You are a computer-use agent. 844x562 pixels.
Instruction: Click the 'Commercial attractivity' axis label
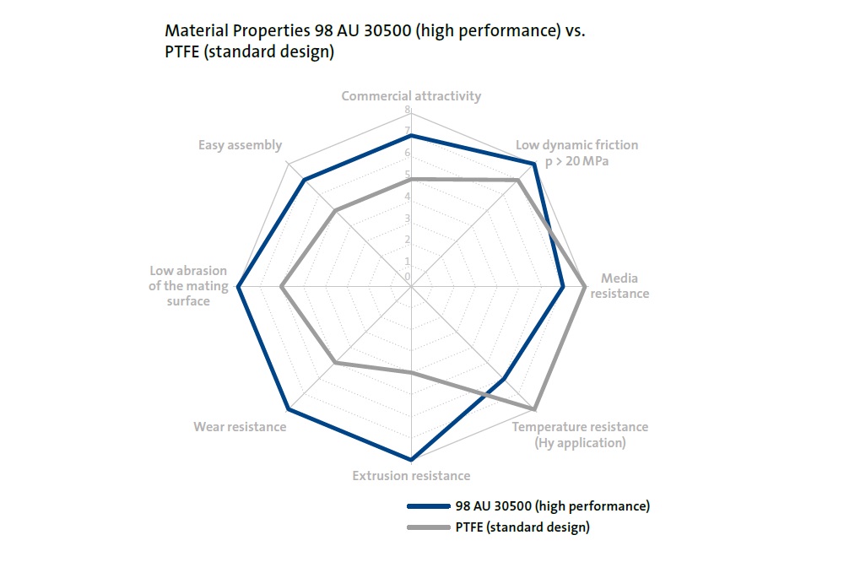coord(411,95)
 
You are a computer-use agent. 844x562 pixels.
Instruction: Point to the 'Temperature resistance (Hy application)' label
coord(581,435)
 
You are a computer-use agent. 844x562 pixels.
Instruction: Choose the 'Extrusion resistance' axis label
coord(411,476)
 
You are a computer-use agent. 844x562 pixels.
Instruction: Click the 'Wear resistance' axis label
coord(240,427)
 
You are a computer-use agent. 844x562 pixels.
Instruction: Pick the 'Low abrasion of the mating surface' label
coord(188,286)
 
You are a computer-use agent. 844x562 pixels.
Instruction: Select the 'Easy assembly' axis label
coord(241,145)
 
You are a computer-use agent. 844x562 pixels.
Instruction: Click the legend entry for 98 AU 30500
coord(552,506)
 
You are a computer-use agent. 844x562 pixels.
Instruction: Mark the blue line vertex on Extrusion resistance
coord(411,460)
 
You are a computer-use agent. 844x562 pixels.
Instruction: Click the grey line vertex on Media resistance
coord(585,287)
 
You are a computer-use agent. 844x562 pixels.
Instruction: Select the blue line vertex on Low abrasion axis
coord(239,287)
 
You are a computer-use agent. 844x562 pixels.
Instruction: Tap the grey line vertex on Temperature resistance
coord(534,409)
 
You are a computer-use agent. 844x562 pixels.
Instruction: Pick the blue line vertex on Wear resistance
coord(289,409)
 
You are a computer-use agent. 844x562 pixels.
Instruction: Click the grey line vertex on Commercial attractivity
coord(411,179)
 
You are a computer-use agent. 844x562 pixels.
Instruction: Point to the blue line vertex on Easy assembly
coord(304,180)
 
